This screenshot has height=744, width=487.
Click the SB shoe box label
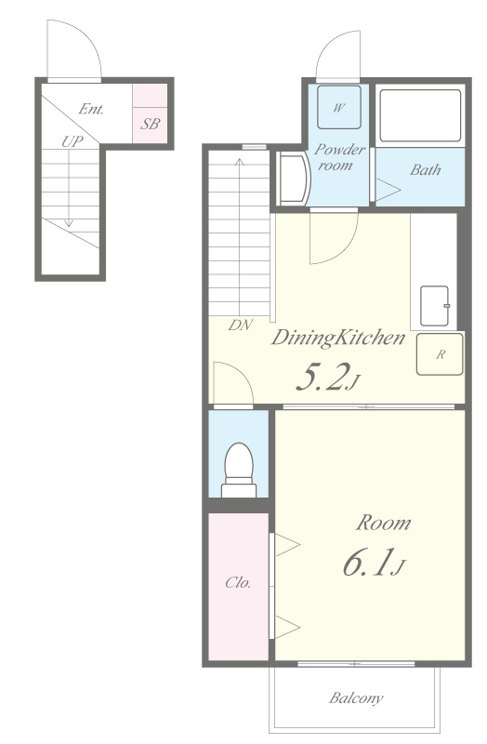[x=150, y=125]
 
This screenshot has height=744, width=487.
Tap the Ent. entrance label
[x=91, y=109]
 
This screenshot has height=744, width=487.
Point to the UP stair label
[x=72, y=141]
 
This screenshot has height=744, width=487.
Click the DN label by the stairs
[x=241, y=325]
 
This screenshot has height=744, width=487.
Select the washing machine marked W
[x=339, y=107]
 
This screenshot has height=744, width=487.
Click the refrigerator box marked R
[x=440, y=354]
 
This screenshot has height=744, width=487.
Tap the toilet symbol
[x=239, y=470]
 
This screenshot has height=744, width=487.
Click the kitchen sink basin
[x=435, y=306]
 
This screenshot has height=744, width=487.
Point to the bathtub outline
[x=420, y=115]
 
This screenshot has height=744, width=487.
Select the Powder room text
[x=339, y=157]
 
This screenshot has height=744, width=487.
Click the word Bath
[x=426, y=169]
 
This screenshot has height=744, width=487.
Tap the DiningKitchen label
[x=338, y=338]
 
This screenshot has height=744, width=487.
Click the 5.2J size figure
[x=327, y=378]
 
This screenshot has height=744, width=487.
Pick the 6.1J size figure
[x=374, y=563]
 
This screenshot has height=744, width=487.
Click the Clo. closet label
[x=238, y=582]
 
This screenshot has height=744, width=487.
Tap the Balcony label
[x=356, y=698]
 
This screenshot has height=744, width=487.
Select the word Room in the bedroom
[x=383, y=523]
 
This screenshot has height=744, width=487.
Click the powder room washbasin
[x=293, y=179]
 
